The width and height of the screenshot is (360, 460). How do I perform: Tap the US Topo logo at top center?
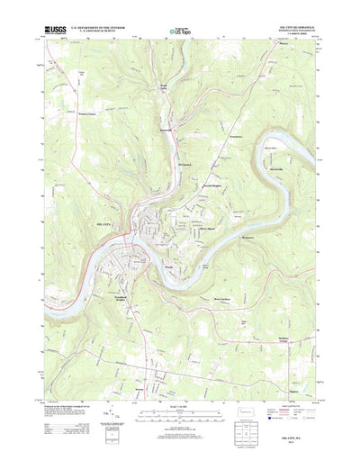tap(179, 32)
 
